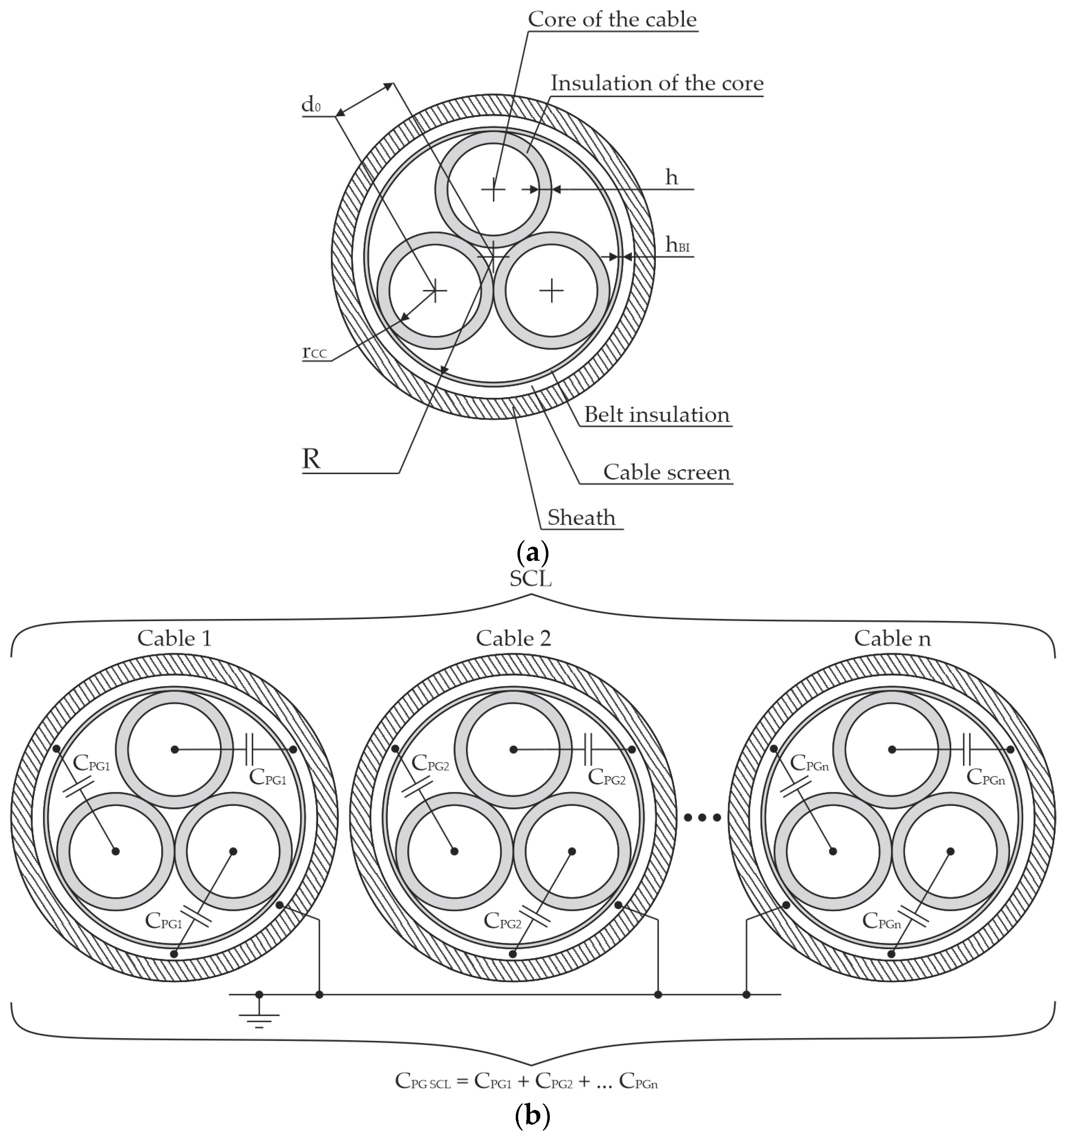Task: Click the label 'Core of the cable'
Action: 612,19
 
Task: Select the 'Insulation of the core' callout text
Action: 656,84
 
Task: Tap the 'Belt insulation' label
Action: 656,415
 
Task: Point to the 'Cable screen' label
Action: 667,472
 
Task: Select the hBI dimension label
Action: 678,245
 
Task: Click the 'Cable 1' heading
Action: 174,638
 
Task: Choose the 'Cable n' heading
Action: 892,638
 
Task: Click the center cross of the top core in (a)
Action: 493,189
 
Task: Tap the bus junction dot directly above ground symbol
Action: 259,994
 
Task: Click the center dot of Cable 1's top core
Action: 174,749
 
